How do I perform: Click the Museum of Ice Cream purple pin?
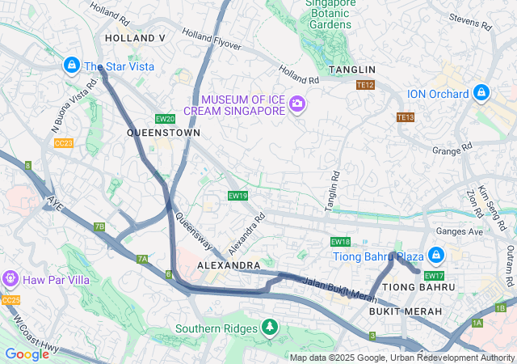click(297, 103)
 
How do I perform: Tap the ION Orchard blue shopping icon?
click(481, 94)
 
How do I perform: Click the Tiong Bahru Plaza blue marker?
click(436, 256)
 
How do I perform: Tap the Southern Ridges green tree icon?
click(269, 328)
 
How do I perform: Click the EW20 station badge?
click(165, 119)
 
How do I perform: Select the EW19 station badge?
click(237, 196)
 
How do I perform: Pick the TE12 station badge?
click(365, 85)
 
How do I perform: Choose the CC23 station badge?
click(64, 143)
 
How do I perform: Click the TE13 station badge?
click(405, 117)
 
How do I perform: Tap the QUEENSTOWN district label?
click(163, 132)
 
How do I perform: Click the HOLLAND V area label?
click(135, 38)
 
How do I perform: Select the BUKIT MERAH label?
click(405, 311)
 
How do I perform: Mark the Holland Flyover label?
click(212, 39)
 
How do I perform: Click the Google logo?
click(27, 353)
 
